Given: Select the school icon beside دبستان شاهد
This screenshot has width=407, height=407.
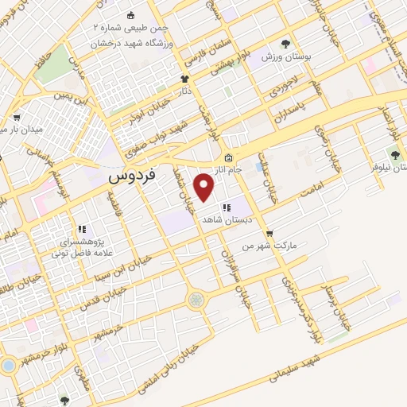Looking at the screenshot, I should pos(226,208).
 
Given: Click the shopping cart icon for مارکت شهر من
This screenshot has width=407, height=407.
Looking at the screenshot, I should pos(269,234).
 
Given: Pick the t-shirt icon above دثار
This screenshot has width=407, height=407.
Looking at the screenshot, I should pos(185,79).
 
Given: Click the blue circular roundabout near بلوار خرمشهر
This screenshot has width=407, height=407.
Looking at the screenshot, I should pos(9,365).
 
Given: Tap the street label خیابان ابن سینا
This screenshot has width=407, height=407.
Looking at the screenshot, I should pos(121,283).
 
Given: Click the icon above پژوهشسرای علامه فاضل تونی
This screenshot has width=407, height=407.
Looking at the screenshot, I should pos(81,229).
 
